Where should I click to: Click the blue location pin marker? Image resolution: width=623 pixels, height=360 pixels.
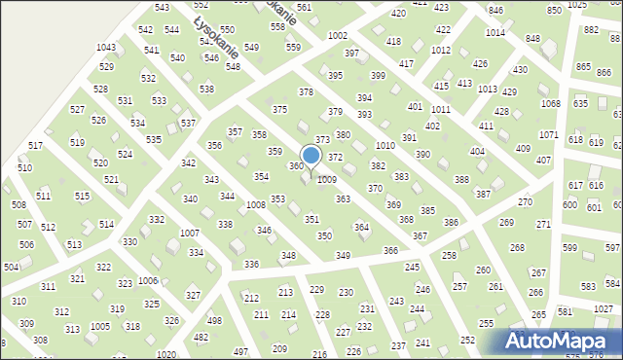[311, 156]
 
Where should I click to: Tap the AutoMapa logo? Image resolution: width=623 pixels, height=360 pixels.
[558, 340]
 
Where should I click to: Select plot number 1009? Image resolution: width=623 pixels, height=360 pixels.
[327, 180]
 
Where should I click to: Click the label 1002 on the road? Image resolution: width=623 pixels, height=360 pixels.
[338, 35]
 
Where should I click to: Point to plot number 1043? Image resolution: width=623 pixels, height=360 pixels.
[106, 48]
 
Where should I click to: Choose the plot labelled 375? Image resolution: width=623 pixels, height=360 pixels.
[279, 110]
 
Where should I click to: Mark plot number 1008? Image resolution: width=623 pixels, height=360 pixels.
[256, 205]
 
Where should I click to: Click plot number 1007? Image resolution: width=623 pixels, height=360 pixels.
[190, 234]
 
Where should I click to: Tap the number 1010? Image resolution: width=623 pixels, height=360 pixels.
[385, 145]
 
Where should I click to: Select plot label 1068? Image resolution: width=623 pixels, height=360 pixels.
[551, 104]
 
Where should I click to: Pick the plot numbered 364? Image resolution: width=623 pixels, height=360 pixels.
[361, 228]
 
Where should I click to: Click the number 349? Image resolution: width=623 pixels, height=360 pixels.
[343, 255]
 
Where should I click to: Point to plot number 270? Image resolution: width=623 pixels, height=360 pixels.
[525, 202]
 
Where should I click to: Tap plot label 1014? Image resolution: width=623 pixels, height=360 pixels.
[495, 33]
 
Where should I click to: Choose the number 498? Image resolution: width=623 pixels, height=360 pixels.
[214, 321]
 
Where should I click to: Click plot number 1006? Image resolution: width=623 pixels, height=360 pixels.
[148, 280]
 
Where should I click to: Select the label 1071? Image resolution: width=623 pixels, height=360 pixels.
[548, 135]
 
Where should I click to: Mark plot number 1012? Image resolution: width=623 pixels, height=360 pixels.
[441, 50]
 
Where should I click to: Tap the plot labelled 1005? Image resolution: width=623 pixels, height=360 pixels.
[99, 326]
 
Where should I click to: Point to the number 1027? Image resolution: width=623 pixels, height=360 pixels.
[604, 308]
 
